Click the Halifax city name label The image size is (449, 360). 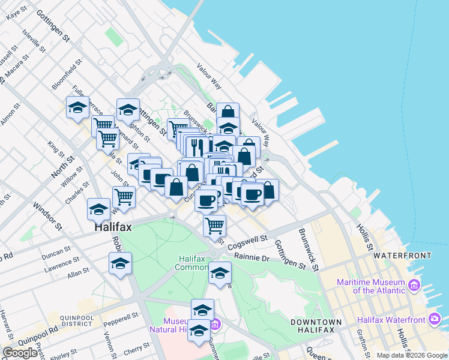coord(113,228)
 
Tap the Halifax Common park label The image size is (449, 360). coord(192,263)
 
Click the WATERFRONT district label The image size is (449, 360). coord(402,256)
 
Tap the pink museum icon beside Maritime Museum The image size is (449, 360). coord(414,286)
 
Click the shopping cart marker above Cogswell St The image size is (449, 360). coord(214,226)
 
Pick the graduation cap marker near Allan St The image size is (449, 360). coord(120,263)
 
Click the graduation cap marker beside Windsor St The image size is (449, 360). coord(99,209)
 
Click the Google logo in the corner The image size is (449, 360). coord(20,353)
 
